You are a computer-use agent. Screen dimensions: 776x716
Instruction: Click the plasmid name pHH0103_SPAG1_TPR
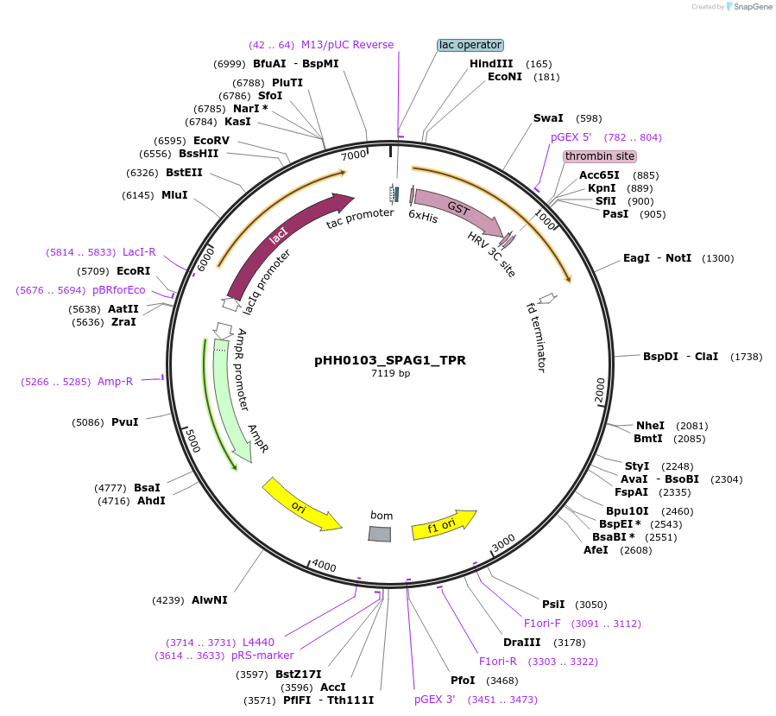(390, 360)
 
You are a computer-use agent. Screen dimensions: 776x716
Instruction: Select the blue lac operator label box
(470, 45)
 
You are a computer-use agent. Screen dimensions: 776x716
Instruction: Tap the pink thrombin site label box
(600, 156)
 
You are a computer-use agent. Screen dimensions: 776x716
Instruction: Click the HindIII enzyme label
(491, 64)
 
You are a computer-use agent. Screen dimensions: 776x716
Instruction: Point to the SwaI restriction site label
(548, 118)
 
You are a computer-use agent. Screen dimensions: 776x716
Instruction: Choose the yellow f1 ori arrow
(444, 524)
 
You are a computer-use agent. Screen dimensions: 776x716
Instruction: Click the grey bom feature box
(380, 534)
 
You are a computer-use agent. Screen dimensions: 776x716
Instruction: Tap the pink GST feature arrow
(458, 211)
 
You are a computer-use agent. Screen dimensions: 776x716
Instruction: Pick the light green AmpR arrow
(234, 397)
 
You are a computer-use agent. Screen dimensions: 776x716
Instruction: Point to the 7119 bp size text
(390, 374)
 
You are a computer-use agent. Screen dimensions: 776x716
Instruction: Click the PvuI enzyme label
(124, 422)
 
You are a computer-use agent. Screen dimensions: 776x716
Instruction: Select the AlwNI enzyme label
(210, 599)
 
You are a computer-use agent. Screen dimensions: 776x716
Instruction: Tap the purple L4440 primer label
(258, 642)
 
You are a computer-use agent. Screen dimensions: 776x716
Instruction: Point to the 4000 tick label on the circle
(324, 566)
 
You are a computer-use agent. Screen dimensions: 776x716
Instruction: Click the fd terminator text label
(536, 336)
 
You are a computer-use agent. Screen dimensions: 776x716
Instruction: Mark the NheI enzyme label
(650, 425)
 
